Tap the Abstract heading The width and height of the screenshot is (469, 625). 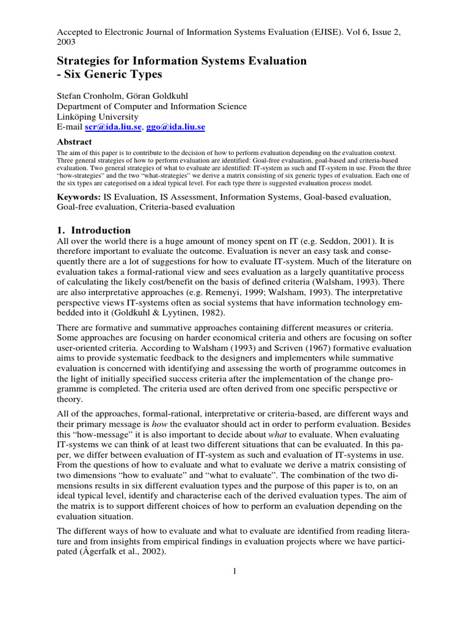pos(74,142)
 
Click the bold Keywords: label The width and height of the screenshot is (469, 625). pos(78,197)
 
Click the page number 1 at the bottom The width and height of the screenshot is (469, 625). pos(234,571)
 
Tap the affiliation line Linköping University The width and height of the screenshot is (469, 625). pos(97,117)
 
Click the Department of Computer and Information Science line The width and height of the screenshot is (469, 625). pos(152,106)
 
